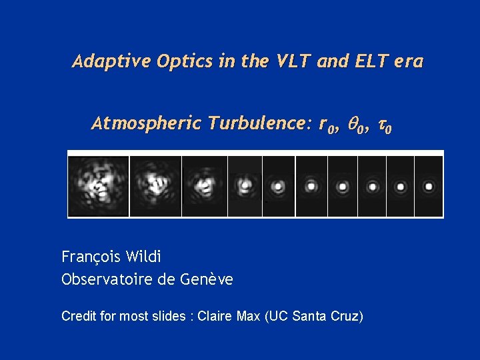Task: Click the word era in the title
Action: point(408,62)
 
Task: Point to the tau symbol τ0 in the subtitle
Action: point(385,125)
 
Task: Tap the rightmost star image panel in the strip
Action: point(429,186)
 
